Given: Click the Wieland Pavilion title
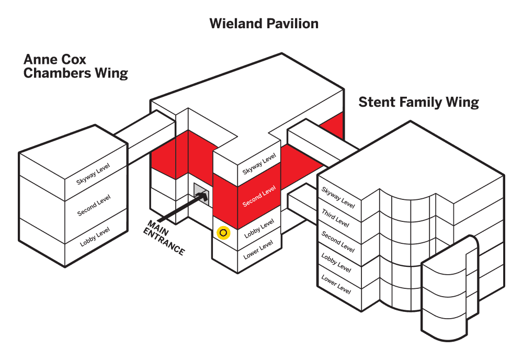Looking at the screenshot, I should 264,24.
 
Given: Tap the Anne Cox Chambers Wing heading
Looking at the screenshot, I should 75,66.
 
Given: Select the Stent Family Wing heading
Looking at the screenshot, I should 418,102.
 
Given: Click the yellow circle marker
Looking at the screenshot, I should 224,233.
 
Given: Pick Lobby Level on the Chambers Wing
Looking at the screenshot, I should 95,237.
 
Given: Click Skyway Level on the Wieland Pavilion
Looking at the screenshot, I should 259,164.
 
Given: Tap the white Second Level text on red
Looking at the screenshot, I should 259,196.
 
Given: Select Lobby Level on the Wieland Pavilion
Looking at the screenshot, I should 259,229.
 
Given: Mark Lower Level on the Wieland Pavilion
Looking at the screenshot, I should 258,250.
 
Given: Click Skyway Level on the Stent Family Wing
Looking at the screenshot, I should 338,198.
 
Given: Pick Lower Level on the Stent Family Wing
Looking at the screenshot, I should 336,283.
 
